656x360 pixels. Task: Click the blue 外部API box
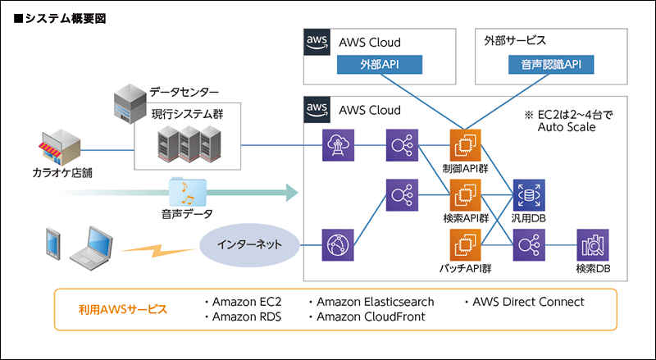click(379, 65)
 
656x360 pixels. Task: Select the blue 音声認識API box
click(546, 65)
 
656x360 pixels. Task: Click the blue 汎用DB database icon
click(528, 195)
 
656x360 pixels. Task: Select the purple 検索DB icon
click(591, 245)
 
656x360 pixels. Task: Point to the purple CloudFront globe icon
click(337, 245)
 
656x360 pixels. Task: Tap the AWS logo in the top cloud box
click(317, 43)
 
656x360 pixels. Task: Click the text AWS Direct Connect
click(528, 302)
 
